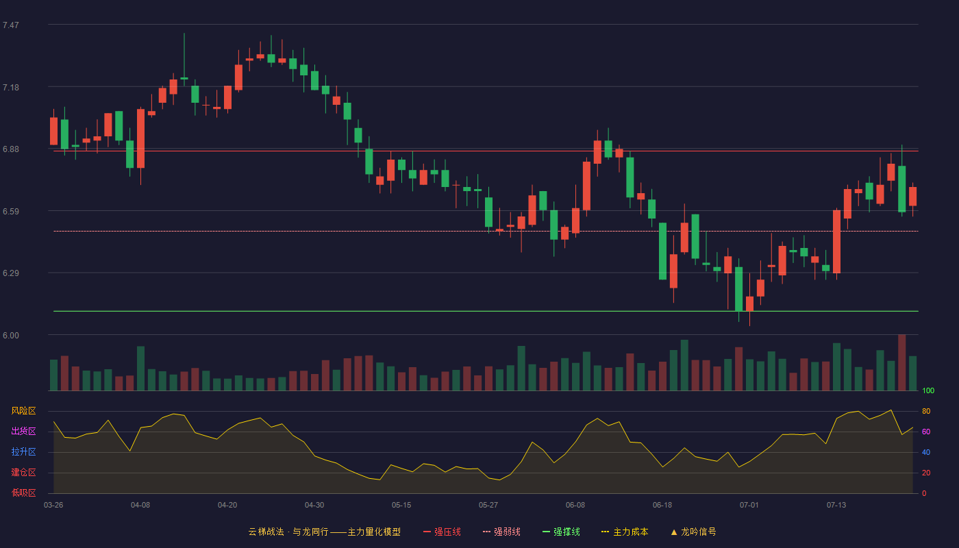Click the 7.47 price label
[11, 25]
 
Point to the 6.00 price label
[11, 336]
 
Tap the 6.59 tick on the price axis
[11, 212]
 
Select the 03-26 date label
[53, 506]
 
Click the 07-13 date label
[836, 506]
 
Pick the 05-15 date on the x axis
[401, 506]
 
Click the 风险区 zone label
[23, 411]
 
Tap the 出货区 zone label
[23, 431]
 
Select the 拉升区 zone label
[23, 451]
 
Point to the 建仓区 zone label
[23, 472]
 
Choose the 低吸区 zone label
[23, 493]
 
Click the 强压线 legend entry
[442, 532]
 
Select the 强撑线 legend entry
[561, 532]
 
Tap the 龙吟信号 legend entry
[693, 532]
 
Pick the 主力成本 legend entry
[625, 532]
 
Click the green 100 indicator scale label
[928, 390]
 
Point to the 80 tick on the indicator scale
[926, 411]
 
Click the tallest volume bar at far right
[901, 362]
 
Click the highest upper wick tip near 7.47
[184, 34]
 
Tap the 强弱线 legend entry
[501, 532]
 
